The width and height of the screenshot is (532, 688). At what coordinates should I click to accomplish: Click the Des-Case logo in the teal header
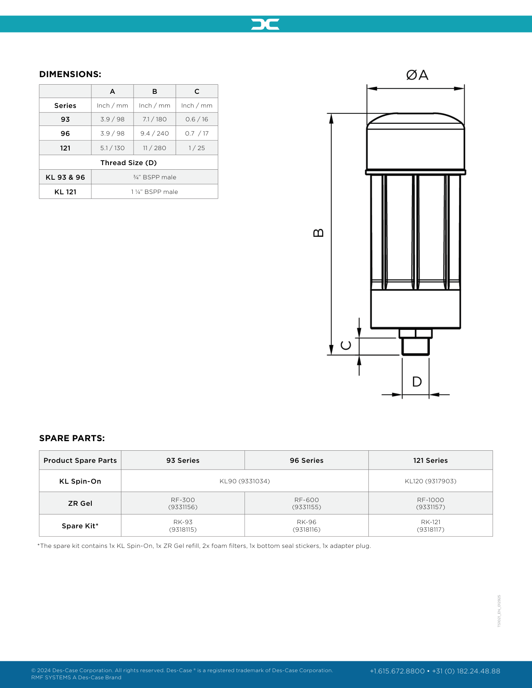point(265,24)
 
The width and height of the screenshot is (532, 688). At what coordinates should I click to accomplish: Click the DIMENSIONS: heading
point(70,74)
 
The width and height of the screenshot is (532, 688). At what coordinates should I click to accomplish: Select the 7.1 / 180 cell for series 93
point(154,119)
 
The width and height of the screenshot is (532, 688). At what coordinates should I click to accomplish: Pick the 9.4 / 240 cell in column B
point(154,133)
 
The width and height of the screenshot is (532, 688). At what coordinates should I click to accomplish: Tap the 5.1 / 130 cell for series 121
point(112,148)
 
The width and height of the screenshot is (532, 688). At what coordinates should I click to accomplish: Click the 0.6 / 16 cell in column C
point(197,119)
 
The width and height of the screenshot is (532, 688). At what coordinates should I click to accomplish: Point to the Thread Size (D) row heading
point(129,163)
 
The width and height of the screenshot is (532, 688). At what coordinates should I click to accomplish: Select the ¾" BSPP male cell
point(154,177)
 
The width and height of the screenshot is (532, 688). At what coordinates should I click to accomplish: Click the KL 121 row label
point(65,192)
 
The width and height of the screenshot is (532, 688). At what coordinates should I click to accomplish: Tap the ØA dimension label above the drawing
point(417,75)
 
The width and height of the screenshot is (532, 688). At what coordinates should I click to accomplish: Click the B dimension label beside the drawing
point(318,233)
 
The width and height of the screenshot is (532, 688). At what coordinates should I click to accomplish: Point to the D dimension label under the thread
point(417,382)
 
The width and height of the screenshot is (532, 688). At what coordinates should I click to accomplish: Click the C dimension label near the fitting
point(346,345)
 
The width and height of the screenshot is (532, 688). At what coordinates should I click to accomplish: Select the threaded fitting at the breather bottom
point(415,346)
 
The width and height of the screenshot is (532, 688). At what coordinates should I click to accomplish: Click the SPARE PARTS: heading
point(72,438)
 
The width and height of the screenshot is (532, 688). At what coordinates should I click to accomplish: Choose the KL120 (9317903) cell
point(430,481)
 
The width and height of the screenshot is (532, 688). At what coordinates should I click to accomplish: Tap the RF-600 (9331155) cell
point(306,503)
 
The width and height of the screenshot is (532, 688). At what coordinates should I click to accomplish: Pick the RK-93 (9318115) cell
point(183,526)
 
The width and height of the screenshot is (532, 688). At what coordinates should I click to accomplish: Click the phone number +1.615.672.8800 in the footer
point(397,671)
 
